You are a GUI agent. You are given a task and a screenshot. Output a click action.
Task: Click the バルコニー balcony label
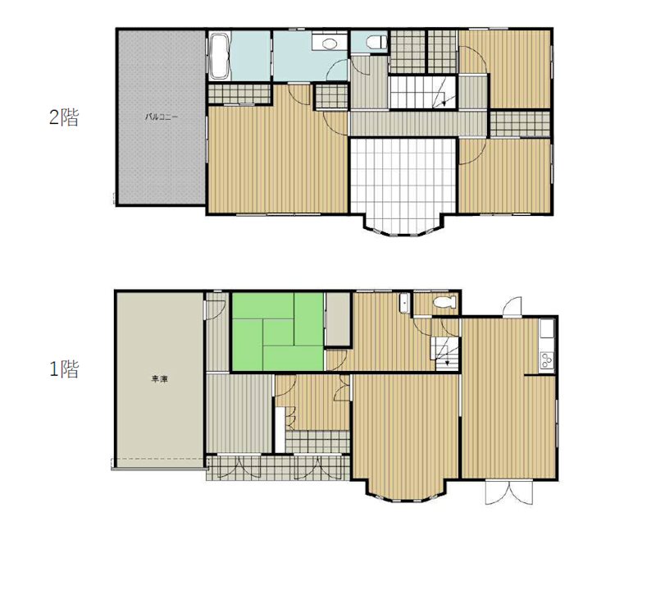(162, 117)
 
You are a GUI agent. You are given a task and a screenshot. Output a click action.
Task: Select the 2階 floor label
(64, 117)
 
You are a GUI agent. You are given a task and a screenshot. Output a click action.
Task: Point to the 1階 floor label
(64, 369)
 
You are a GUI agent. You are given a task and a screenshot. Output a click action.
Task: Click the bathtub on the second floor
(220, 57)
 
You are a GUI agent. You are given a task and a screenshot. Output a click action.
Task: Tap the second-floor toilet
(376, 43)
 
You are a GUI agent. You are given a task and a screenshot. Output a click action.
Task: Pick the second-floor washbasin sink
(330, 43)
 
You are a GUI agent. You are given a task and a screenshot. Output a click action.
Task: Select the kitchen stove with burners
(547, 360)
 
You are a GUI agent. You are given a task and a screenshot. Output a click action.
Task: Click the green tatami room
(278, 332)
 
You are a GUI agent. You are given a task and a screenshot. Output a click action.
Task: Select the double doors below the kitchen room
(509, 492)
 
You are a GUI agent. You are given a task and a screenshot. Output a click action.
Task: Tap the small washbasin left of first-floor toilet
(404, 303)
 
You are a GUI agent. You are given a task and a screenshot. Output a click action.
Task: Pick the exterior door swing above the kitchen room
(512, 306)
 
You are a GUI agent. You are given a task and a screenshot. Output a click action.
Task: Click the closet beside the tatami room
(338, 318)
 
